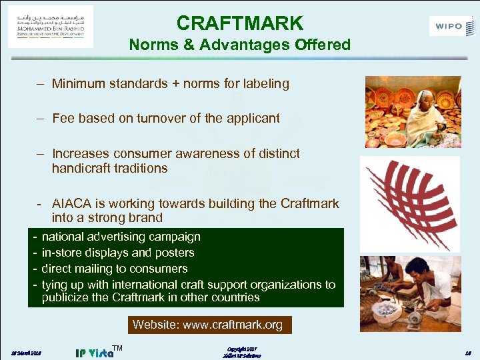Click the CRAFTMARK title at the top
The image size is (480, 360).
click(239, 23)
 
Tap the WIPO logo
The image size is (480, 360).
click(453, 27)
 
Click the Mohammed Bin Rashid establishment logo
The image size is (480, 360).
click(51, 26)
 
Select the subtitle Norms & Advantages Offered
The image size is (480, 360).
click(239, 45)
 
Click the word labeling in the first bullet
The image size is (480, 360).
click(265, 84)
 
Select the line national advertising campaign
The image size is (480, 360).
click(121, 237)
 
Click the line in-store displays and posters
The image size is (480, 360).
click(118, 253)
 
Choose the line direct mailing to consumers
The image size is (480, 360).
click(115, 269)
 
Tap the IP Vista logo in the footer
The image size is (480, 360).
click(96, 351)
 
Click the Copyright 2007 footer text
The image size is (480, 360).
click(241, 349)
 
